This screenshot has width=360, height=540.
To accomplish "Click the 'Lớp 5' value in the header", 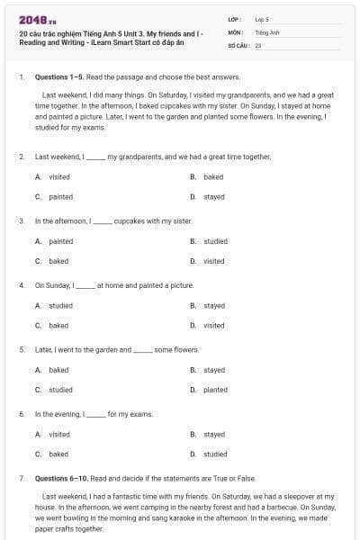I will tap(261, 19).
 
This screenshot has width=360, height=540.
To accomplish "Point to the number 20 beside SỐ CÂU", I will tap(258, 44).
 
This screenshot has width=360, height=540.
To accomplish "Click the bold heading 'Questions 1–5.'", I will tap(56, 77).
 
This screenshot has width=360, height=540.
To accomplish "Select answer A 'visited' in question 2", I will tap(59, 177).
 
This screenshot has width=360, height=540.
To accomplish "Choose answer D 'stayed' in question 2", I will tap(214, 196).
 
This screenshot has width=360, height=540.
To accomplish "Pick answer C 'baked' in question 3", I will tap(58, 261).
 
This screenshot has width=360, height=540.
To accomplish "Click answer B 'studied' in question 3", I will tap(215, 241).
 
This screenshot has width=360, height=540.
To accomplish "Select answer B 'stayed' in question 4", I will tap(214, 306).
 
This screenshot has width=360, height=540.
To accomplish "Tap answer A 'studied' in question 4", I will tap(60, 306).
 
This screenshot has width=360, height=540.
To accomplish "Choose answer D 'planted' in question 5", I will tap(215, 390).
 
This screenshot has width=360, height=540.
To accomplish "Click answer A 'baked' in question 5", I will tap(58, 370).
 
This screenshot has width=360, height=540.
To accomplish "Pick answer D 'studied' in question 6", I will tap(215, 454).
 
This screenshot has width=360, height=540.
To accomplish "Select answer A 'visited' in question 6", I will tap(59, 435).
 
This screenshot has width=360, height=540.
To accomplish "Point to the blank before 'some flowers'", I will tap(143, 350).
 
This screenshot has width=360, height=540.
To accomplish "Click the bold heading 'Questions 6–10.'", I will tap(58, 479).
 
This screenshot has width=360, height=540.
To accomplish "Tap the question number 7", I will tap(21, 479).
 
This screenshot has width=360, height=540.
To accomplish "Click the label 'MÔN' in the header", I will tap(235, 31).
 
